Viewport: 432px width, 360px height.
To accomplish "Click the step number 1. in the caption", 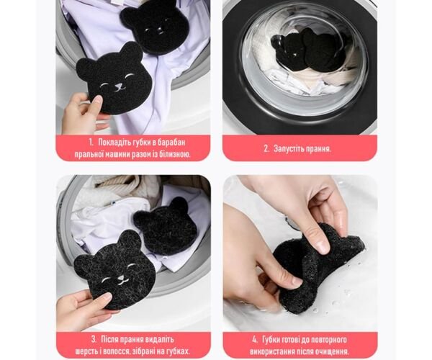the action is point(91,143).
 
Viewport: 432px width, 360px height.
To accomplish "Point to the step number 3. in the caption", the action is point(94,339).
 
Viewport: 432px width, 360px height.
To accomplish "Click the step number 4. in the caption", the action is point(255,339).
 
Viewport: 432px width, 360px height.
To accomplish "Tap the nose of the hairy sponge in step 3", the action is point(121,279).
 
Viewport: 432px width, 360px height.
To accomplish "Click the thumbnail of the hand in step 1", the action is point(96,100).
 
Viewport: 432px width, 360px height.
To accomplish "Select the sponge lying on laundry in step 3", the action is point(166,225).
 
